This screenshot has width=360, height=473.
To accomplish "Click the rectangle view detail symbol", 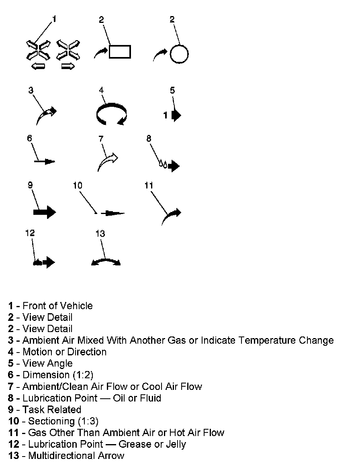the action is coord(120,52).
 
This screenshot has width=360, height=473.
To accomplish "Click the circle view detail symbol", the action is coord(179,53).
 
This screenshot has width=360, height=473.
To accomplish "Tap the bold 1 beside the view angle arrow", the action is coord(165,116).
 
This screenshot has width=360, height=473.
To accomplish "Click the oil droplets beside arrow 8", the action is coord(162,163).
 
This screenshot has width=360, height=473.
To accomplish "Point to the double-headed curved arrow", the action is coord(106,262).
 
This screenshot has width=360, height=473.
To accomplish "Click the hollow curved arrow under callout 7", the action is coord(107,162).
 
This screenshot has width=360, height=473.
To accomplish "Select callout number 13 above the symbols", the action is coord(100,234).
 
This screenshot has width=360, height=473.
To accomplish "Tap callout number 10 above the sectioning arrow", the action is coord(78,185).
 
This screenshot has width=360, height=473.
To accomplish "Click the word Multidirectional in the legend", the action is coord(62,456).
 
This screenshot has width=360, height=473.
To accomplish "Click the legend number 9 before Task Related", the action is coord(11,410).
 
